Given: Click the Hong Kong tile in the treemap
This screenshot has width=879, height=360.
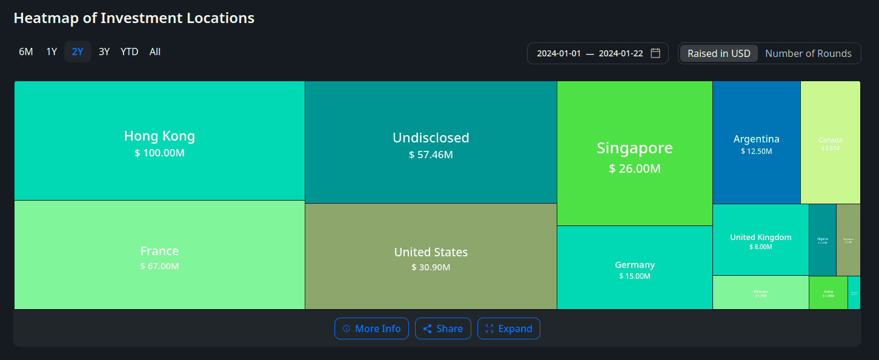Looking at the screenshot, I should click(159, 141).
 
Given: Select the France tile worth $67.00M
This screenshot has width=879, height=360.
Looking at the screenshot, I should click(159, 255).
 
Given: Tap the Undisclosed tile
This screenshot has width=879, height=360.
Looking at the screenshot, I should click(431, 142).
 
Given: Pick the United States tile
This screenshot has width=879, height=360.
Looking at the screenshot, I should click(431, 256).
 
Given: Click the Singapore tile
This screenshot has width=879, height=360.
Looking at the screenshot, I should click(634, 154).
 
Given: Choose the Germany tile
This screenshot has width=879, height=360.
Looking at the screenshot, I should click(634, 268).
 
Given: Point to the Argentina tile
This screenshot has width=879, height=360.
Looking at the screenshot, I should click(756, 143).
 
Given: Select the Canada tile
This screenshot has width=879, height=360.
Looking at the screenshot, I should click(830, 143).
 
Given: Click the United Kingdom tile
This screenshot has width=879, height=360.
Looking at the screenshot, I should click(760, 240).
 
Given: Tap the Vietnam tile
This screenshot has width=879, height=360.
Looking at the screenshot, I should click(760, 293).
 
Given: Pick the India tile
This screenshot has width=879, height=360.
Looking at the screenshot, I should click(828, 293).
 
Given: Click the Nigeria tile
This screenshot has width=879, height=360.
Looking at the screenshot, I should click(822, 240).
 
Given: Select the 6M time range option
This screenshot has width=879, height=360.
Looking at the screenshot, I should click(25, 52).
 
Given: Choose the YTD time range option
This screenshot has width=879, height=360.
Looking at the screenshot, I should click(129, 52).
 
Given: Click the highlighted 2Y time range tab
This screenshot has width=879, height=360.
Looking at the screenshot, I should click(78, 52).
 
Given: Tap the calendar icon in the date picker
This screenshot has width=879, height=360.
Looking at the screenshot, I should click(655, 53).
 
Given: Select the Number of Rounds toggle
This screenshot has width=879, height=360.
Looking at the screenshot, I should click(808, 53).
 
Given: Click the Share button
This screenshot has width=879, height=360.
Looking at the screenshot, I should click(443, 328).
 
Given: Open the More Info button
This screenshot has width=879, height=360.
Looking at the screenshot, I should click(371, 328).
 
